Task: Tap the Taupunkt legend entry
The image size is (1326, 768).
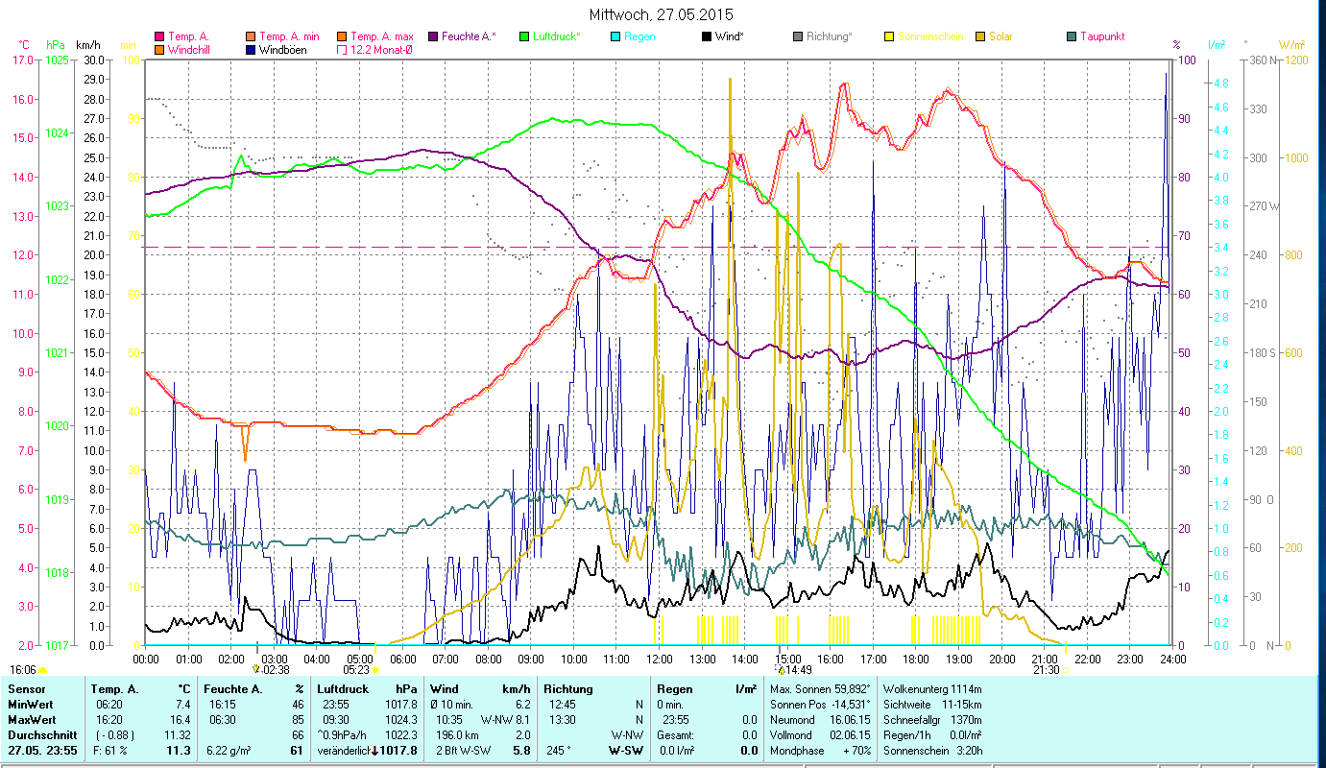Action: click(1101, 36)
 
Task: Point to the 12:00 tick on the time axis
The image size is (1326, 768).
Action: click(659, 660)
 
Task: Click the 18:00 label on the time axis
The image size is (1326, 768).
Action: click(915, 660)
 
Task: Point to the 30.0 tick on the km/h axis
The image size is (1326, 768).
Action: click(94, 60)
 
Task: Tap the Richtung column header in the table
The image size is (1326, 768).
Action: click(568, 689)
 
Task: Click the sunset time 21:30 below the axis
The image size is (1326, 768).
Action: click(1046, 670)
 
